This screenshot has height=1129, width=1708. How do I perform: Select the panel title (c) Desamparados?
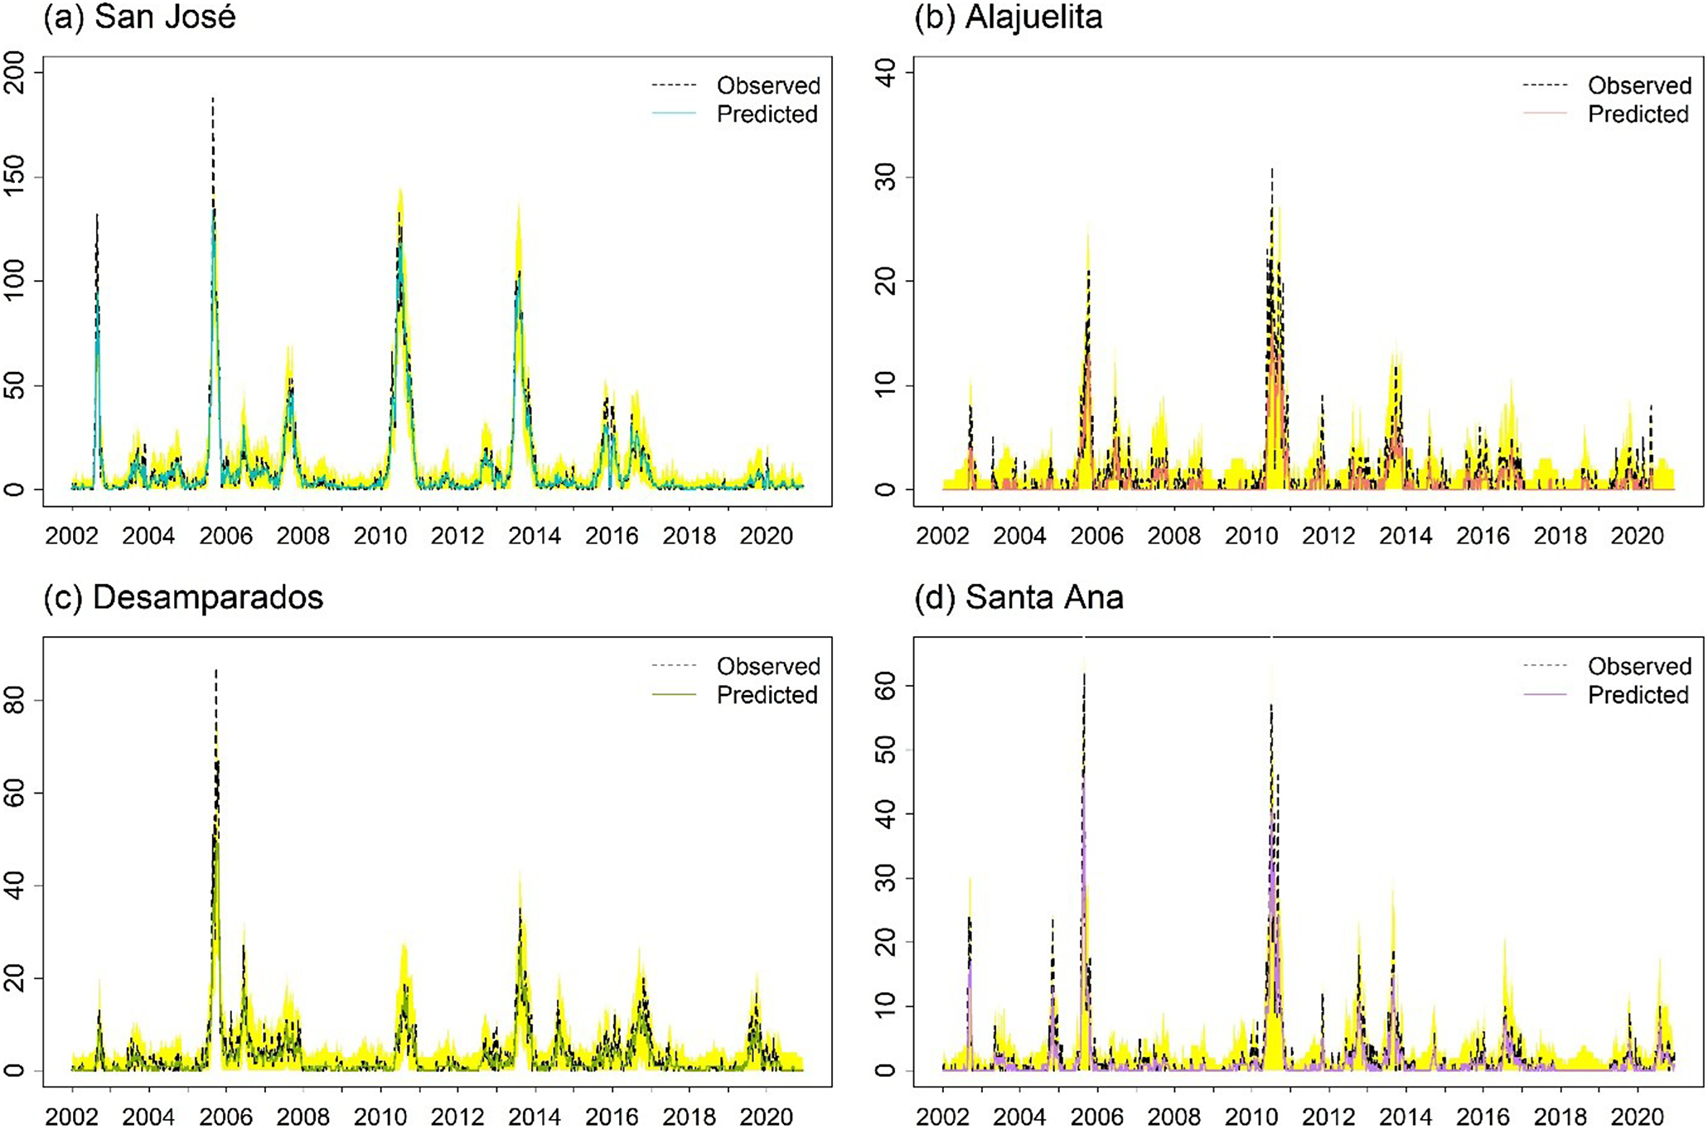pyautogui.click(x=183, y=597)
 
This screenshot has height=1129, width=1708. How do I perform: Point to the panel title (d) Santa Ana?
pyautogui.click(x=1019, y=597)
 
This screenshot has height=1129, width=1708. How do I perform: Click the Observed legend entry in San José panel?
pyautogui.click(x=768, y=85)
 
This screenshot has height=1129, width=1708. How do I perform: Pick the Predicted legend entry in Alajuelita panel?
pyautogui.click(x=1638, y=114)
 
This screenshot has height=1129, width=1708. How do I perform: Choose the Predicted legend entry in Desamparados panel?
pyautogui.click(x=767, y=695)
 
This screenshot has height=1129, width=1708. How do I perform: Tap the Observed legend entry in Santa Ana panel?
pyautogui.click(x=1639, y=666)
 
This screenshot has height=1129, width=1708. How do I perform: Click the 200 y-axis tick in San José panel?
pyautogui.click(x=15, y=72)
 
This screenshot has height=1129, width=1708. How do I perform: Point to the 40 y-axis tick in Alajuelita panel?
pyautogui.click(x=885, y=72)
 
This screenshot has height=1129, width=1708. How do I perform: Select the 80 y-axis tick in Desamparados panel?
pyautogui.click(x=15, y=700)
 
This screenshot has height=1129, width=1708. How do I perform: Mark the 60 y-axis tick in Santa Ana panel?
pyautogui.click(x=885, y=686)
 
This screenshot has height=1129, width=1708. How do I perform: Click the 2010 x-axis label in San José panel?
pyautogui.click(x=380, y=537)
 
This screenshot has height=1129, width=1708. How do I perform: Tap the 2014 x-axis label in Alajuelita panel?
pyautogui.click(x=1406, y=537)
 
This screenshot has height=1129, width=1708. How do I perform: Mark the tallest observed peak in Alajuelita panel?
pyautogui.click(x=1272, y=170)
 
